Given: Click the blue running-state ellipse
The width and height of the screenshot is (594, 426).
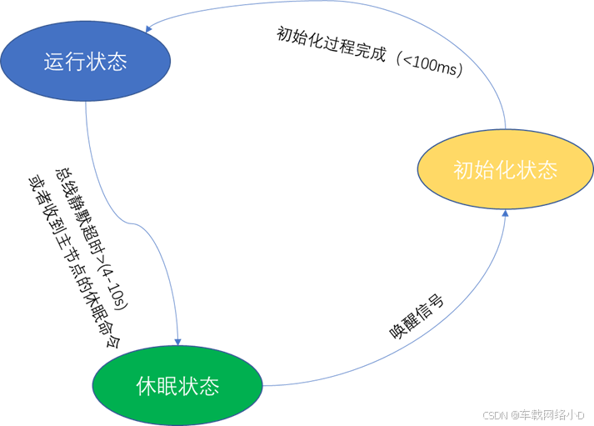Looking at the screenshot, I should [86, 63].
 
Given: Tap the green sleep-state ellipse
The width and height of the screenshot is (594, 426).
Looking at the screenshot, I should [177, 386].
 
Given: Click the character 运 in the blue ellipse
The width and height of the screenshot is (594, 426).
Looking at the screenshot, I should [54, 63].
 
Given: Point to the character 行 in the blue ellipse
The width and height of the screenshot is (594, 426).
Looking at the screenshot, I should [75, 63].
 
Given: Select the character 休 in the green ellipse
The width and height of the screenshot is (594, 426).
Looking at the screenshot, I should [146, 387].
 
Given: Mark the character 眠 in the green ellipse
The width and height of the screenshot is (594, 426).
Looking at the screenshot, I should [167, 387].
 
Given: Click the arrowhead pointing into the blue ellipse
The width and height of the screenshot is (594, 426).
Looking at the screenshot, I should [148, 29].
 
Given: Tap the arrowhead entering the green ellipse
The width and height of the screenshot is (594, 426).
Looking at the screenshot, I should [177, 339].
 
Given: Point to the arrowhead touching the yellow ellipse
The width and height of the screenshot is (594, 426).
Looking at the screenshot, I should [505, 214].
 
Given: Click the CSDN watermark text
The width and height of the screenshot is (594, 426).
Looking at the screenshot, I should [495, 414].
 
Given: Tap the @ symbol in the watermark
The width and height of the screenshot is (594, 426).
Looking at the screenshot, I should [515, 414].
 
